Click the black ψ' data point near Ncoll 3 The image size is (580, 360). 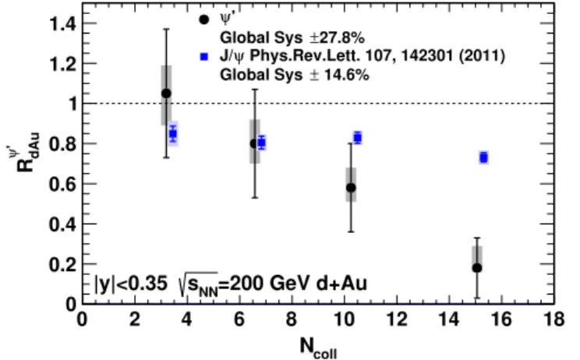point(167,94)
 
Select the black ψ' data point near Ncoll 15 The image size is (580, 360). point(477,267)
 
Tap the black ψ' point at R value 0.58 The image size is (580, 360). point(351,188)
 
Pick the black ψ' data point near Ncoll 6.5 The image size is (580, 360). point(254,143)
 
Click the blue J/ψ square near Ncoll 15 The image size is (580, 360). point(483,158)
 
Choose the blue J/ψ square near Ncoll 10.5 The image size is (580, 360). point(357,138)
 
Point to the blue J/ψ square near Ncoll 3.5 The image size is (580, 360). point(173,134)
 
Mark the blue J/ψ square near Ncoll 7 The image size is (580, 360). point(261,143)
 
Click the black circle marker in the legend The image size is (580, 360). point(203,19)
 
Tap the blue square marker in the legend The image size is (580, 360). point(203,57)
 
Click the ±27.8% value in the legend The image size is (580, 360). point(337,37)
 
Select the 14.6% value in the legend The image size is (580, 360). point(347,75)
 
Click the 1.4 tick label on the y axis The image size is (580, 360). point(62,24)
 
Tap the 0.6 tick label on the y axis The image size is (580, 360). point(62,184)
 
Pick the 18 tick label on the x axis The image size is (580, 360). point(553,319)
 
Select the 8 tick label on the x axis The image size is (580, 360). point(292,319)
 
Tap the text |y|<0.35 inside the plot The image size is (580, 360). point(131,284)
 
